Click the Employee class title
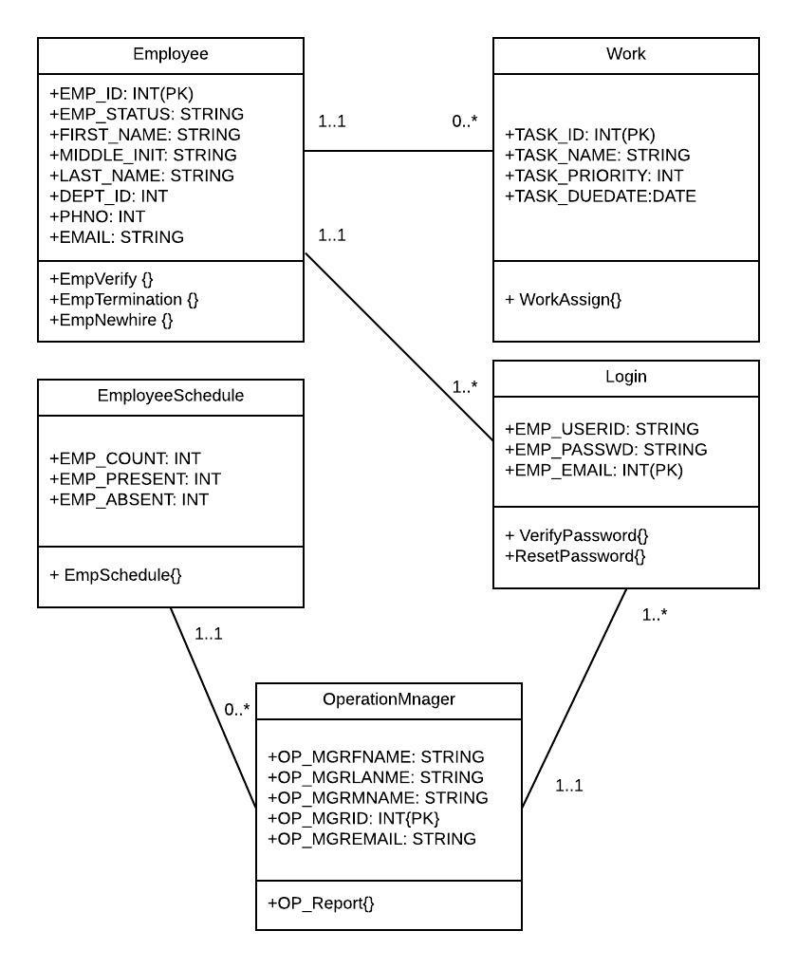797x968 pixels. (171, 54)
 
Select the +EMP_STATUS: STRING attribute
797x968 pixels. (146, 114)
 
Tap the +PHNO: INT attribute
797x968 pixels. (97, 216)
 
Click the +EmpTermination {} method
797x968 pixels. (123, 299)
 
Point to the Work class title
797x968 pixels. (626, 54)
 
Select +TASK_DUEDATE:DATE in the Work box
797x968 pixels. (601, 196)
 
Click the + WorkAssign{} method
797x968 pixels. (563, 299)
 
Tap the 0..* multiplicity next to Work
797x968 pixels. (465, 121)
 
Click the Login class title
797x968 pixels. (626, 377)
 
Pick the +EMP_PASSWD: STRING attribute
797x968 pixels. (605, 449)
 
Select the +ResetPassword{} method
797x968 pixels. (575, 555)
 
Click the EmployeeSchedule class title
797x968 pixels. (171, 396)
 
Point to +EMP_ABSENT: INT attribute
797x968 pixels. (129, 499)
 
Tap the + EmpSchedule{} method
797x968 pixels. (115, 574)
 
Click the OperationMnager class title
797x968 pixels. (389, 699)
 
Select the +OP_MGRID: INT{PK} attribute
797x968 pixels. (353, 818)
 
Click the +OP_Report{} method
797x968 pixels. (321, 903)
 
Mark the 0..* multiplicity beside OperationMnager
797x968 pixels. (236, 709)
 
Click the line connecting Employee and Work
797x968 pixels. (398, 151)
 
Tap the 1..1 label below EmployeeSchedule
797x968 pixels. (209, 633)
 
